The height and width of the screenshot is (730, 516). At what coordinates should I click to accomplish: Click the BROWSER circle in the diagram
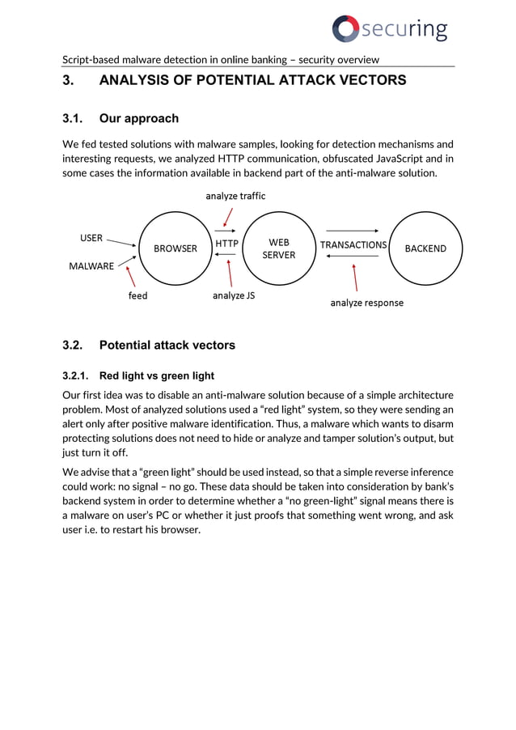coord(176,248)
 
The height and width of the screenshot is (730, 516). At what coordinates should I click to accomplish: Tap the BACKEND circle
coord(425,248)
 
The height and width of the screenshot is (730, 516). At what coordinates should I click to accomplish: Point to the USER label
coord(91,238)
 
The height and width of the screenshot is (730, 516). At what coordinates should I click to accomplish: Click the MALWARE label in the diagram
coord(91,266)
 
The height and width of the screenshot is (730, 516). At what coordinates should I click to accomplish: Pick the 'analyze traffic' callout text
coord(235,196)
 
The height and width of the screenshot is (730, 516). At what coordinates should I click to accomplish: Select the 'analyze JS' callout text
coord(234,296)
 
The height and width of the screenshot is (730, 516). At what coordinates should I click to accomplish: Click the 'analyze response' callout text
coord(366,303)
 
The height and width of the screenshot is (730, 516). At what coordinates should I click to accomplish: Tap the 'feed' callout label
coord(138,296)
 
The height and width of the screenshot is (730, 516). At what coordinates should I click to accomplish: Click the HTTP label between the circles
coord(227,244)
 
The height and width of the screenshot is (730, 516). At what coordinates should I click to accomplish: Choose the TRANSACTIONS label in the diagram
coord(353,244)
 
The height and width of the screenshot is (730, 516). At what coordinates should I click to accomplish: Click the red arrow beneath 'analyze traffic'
coord(230,216)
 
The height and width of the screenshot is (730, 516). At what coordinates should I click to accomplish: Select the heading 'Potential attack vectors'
coord(167,346)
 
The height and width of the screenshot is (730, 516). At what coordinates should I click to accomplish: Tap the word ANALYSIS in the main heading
coord(134,81)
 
